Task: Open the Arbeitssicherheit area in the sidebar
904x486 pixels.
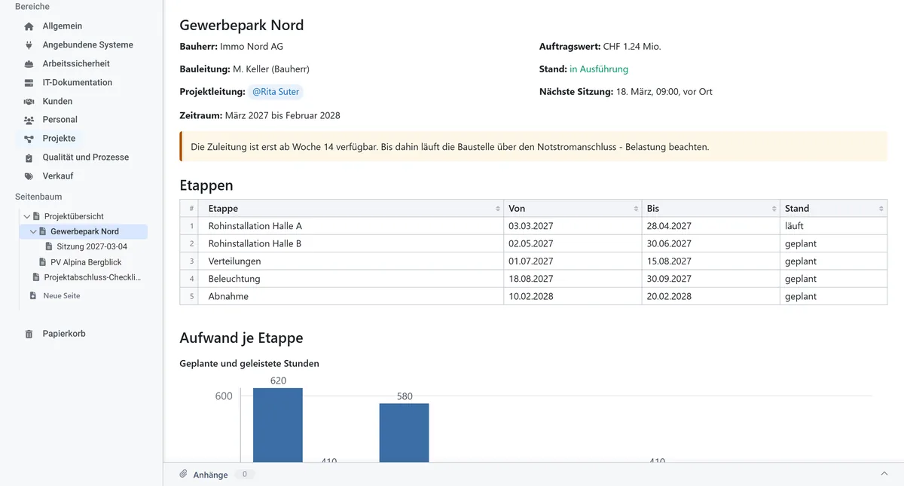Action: pos(76,63)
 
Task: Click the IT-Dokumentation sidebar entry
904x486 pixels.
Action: pos(77,82)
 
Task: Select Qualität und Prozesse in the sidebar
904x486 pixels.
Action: pos(86,157)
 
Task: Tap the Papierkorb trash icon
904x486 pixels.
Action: pos(29,334)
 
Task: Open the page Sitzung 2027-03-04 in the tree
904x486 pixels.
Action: pos(92,246)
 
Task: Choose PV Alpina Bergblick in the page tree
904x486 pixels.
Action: pos(86,262)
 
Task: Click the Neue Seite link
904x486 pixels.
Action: pos(61,295)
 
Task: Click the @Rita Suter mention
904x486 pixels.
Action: pos(276,92)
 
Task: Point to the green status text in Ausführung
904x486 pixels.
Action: pos(598,69)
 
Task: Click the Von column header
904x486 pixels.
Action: pos(517,208)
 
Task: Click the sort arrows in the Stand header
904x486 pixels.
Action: pos(881,209)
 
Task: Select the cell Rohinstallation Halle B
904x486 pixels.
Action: pos(255,243)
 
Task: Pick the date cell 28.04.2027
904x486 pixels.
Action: pos(669,225)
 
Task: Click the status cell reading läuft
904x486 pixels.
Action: pos(794,225)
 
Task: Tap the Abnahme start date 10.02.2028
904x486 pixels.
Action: pos(530,296)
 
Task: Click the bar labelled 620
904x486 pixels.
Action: pos(278,425)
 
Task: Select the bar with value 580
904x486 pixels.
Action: pos(404,433)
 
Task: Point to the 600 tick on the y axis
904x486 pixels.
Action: pos(224,396)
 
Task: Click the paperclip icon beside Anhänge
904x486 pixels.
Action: pos(184,474)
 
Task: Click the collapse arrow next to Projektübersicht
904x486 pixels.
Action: pos(27,216)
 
